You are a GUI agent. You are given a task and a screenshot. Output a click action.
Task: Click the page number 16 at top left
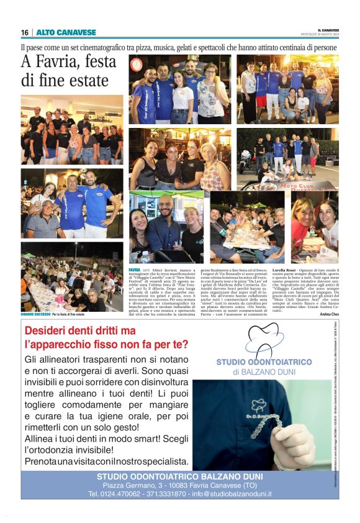pyautogui.click(x=25, y=32)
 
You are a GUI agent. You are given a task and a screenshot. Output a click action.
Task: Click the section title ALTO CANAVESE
pyautogui.click(x=58, y=32)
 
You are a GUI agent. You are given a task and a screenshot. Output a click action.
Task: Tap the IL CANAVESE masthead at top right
pyautogui.click(x=326, y=29)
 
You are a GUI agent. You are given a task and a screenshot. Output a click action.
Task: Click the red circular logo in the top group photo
pyautogui.click(x=137, y=63)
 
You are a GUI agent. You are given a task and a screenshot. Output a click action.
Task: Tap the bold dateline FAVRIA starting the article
pyautogui.click(x=135, y=271)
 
